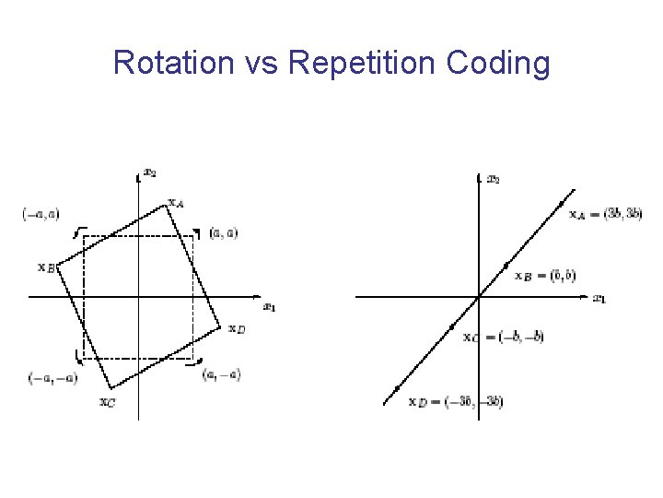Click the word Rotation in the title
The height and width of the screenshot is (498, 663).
click(x=169, y=63)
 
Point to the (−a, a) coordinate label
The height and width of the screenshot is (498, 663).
click(x=40, y=214)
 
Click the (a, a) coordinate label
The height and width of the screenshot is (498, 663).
click(x=224, y=232)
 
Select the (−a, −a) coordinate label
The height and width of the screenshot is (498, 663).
click(x=47, y=377)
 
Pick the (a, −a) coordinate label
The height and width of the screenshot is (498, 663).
click(x=222, y=373)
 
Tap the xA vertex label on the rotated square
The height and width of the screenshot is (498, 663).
click(x=175, y=202)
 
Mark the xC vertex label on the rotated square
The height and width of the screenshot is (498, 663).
click(x=108, y=401)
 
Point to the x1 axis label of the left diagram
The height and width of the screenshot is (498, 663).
click(x=269, y=306)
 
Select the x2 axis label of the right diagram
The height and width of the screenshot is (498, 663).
click(x=494, y=178)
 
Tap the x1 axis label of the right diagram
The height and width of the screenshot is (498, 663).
click(x=599, y=298)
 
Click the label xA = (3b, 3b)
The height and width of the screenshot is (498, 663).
click(x=605, y=213)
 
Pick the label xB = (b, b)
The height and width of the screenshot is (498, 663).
click(x=545, y=275)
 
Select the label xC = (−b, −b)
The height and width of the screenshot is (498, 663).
click(x=504, y=337)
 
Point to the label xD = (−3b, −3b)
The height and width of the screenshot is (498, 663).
click(x=456, y=401)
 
